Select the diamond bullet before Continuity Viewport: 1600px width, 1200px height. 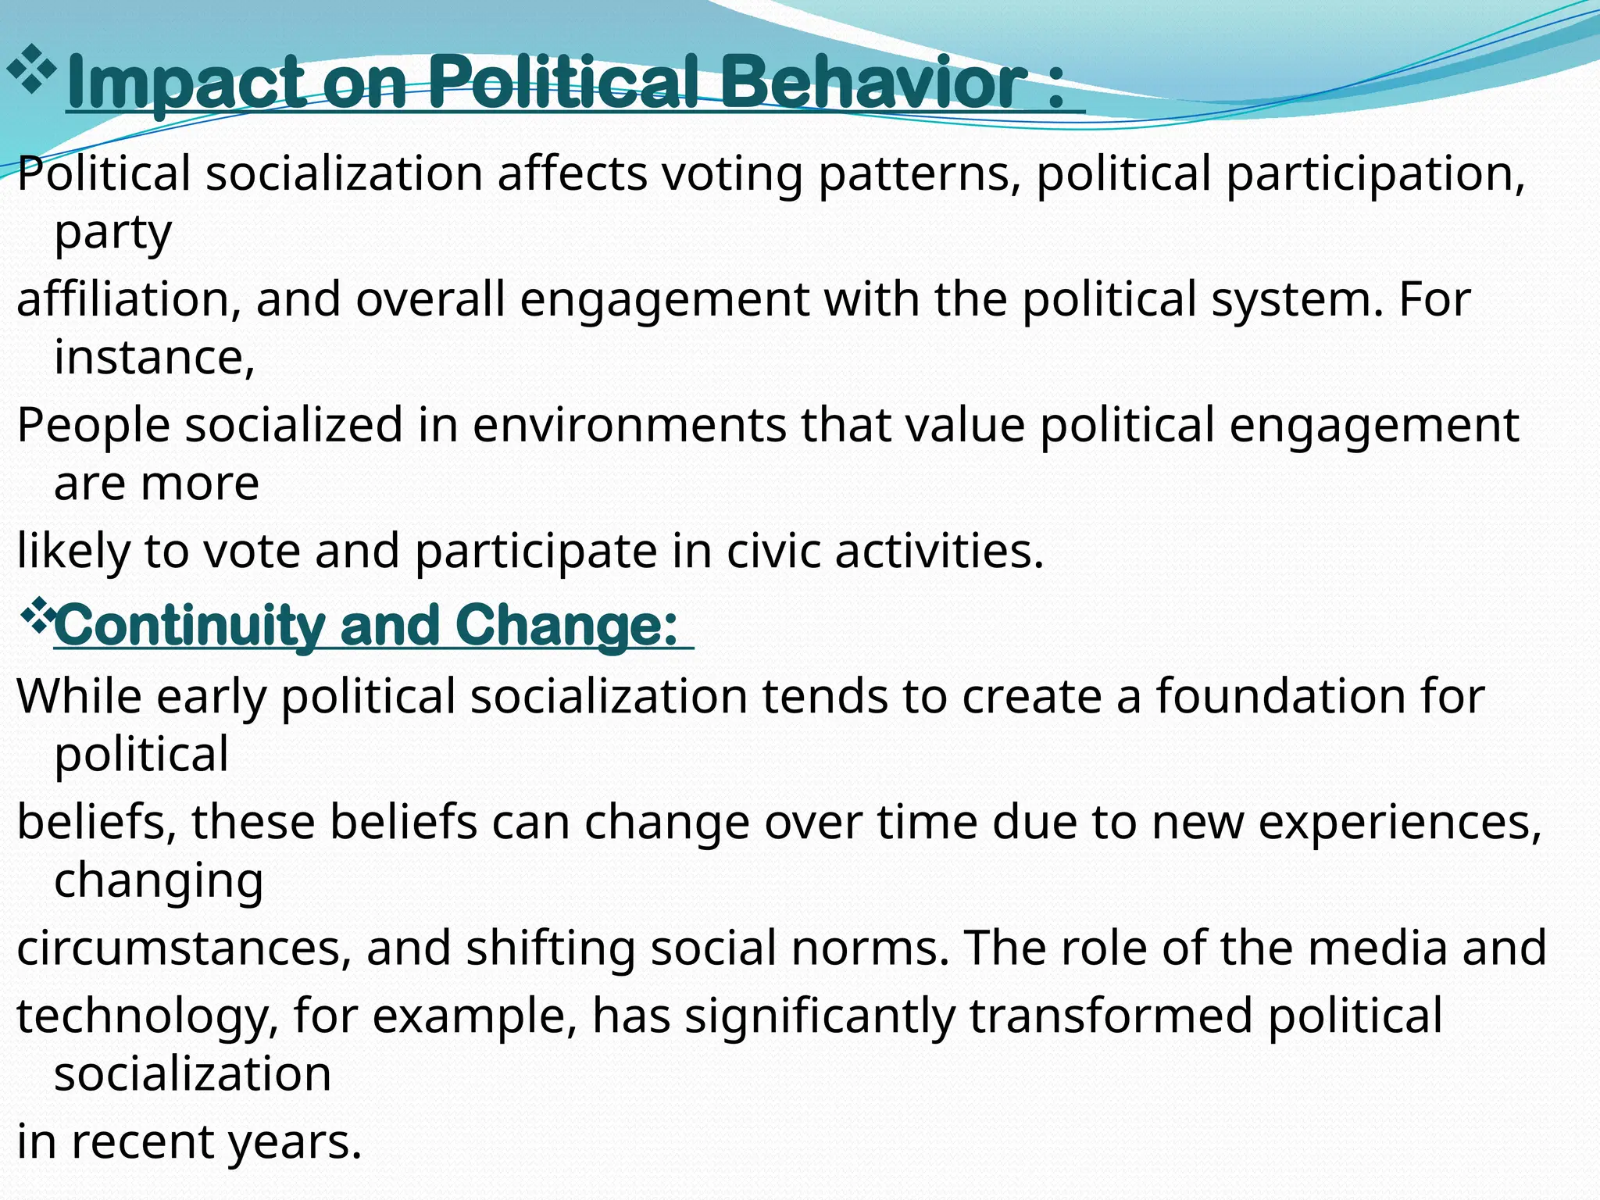pyautogui.click(x=37, y=615)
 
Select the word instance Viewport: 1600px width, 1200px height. pyautogui.click(x=153, y=358)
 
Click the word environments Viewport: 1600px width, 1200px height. pyautogui.click(x=629, y=426)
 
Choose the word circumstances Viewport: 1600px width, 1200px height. pyautogui.click(x=184, y=948)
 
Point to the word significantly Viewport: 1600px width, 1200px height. pyautogui.click(x=820, y=1016)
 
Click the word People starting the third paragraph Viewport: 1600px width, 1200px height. pyautogui.click(x=93, y=426)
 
